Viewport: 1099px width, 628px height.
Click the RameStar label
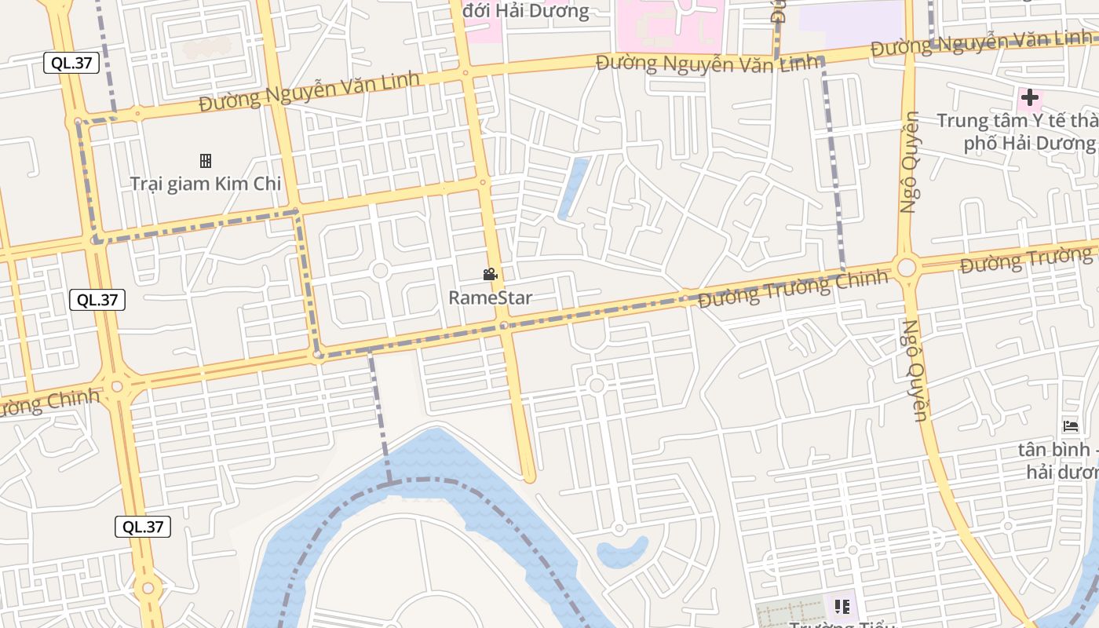(x=491, y=298)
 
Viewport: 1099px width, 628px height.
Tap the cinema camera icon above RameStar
(x=491, y=274)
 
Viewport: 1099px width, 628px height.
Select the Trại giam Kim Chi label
(x=205, y=184)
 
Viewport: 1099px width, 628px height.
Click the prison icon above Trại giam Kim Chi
(x=206, y=161)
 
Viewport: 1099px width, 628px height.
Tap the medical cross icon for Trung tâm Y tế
(x=1029, y=98)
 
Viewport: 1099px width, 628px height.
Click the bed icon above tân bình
(x=1071, y=426)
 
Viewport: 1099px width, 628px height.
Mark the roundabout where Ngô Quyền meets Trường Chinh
(x=907, y=268)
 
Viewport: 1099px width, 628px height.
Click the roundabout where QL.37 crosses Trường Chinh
(x=117, y=386)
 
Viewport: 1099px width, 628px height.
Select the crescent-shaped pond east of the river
(x=622, y=552)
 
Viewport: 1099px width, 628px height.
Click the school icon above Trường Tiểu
(x=842, y=606)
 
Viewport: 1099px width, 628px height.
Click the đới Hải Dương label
(x=526, y=11)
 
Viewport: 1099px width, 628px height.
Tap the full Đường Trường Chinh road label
(x=793, y=288)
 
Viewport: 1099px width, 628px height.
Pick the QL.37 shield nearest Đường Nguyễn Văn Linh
(x=71, y=64)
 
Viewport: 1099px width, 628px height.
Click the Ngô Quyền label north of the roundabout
(x=910, y=162)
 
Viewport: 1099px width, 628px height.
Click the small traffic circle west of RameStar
(x=380, y=271)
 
